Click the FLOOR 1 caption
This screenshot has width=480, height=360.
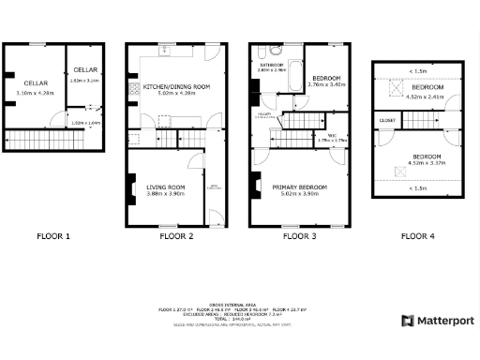[53, 236]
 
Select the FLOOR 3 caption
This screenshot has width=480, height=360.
[300, 236]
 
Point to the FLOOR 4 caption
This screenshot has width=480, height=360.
[418, 236]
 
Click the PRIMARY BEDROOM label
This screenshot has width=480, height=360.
[300, 187]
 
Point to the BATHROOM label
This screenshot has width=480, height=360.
[272, 65]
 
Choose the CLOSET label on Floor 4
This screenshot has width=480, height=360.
[386, 121]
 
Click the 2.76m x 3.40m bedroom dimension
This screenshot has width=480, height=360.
[327, 84]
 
